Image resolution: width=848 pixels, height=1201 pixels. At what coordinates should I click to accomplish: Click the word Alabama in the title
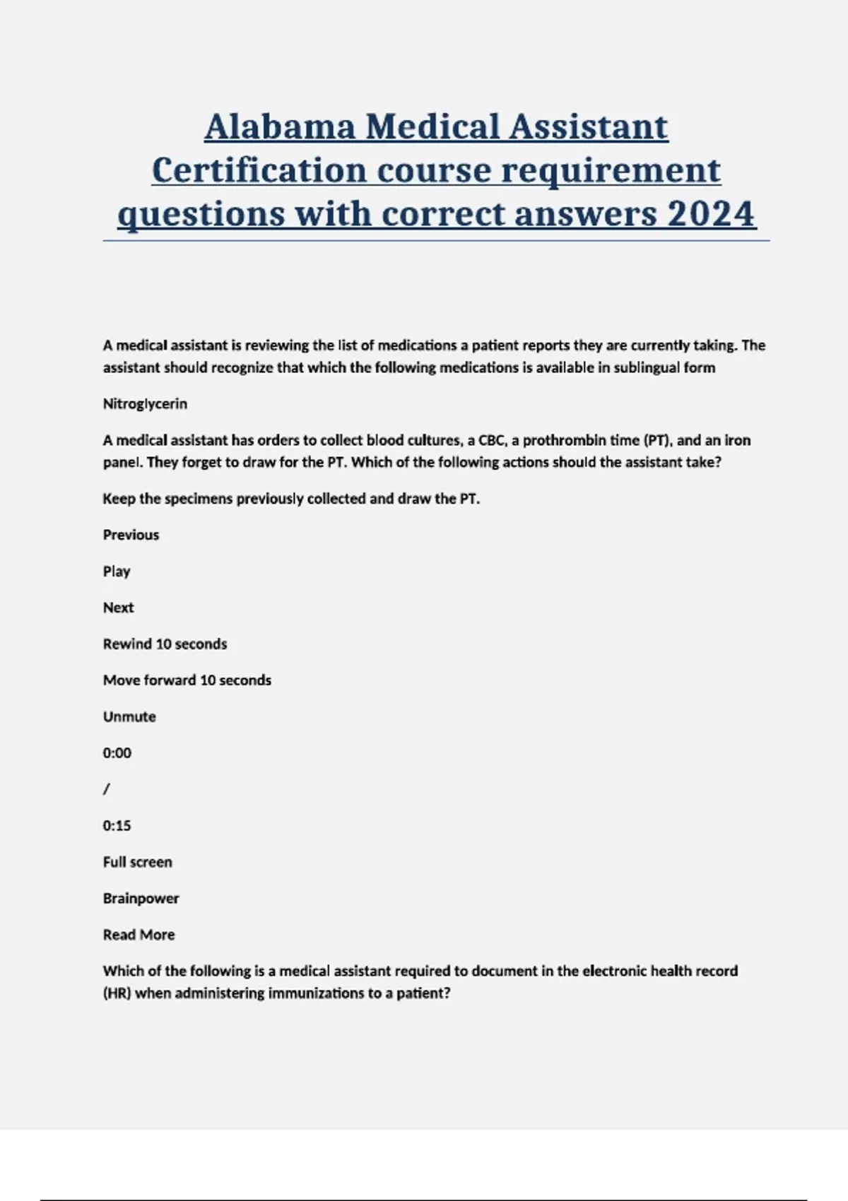click(280, 127)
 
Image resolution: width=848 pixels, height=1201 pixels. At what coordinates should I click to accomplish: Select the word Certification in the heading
click(259, 171)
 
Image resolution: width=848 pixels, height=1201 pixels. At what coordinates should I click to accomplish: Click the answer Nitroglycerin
click(145, 404)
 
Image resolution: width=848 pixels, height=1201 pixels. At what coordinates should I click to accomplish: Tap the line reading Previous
click(131, 535)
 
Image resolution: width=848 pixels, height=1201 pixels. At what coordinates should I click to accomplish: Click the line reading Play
click(117, 572)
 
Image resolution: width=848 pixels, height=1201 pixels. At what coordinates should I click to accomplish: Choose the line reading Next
click(118, 608)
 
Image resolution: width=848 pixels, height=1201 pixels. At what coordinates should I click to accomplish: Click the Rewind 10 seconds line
click(165, 644)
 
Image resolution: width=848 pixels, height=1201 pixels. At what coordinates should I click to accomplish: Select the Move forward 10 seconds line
click(187, 680)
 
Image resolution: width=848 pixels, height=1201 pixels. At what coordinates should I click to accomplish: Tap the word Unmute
click(129, 716)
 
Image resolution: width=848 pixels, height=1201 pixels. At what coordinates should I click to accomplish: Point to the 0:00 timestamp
click(117, 753)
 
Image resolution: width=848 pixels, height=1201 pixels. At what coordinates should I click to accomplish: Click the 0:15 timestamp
click(117, 826)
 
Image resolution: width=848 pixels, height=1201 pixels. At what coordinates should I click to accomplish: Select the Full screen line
click(137, 862)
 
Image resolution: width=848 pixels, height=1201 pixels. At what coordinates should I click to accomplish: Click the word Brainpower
click(141, 899)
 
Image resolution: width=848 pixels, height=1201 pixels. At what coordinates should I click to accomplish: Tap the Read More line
click(139, 935)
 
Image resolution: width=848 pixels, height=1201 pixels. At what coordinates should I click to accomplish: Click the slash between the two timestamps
click(106, 789)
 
